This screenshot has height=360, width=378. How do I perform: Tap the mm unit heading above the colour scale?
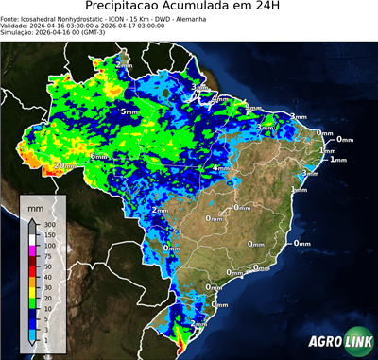pos(35,205)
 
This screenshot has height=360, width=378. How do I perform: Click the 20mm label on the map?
pos(64,166)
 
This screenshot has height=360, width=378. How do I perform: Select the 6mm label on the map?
pos(98,155)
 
